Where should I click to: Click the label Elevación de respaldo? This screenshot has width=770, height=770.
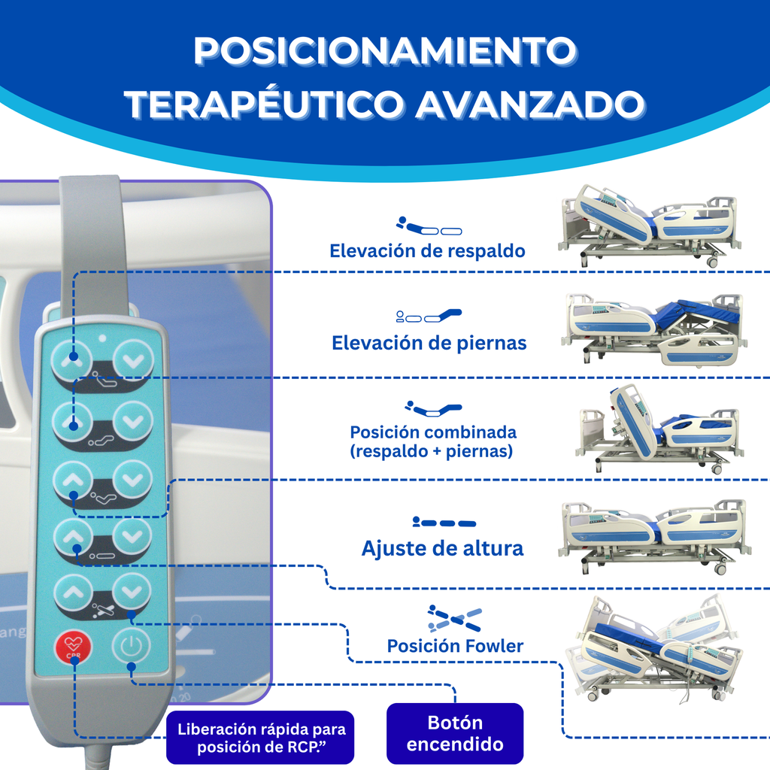coord(427,250)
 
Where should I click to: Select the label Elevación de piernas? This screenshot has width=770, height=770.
coord(429,343)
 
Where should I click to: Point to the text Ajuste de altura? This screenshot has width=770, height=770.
coord(442,548)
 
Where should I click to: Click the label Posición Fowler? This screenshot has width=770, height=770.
coord(455,645)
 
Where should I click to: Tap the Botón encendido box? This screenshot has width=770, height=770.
coord(454,733)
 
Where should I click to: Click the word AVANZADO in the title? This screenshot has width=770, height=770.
coord(530,105)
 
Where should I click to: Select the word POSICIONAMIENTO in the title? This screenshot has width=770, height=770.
coord(384,50)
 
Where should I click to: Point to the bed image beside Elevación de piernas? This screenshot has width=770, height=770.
coord(654,329)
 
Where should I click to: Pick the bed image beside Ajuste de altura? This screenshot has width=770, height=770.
coord(653,535)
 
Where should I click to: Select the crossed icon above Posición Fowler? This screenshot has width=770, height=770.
coord(454,617)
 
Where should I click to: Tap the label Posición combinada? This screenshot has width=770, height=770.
coord(432,433)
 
